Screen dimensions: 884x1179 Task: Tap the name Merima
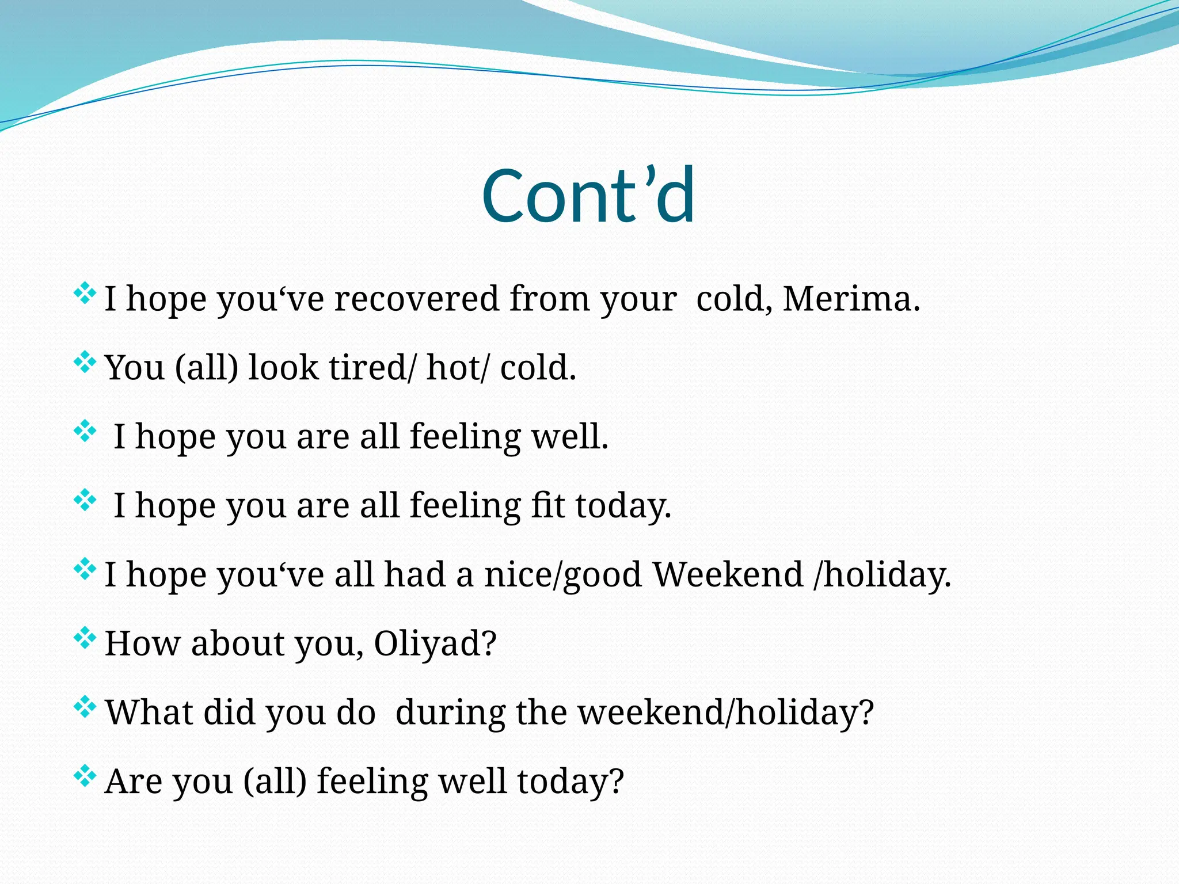851,299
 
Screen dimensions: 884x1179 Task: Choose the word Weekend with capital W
728,574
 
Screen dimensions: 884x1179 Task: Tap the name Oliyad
435,643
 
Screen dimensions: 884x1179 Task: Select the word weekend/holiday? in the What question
725,712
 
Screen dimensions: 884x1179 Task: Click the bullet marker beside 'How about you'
85,638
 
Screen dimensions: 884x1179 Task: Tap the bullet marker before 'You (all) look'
85,363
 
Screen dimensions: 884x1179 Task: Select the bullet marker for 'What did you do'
85,707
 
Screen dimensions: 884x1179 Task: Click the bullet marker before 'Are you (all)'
85,776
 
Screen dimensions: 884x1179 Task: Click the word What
149,712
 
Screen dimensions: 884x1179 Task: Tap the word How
142,643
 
